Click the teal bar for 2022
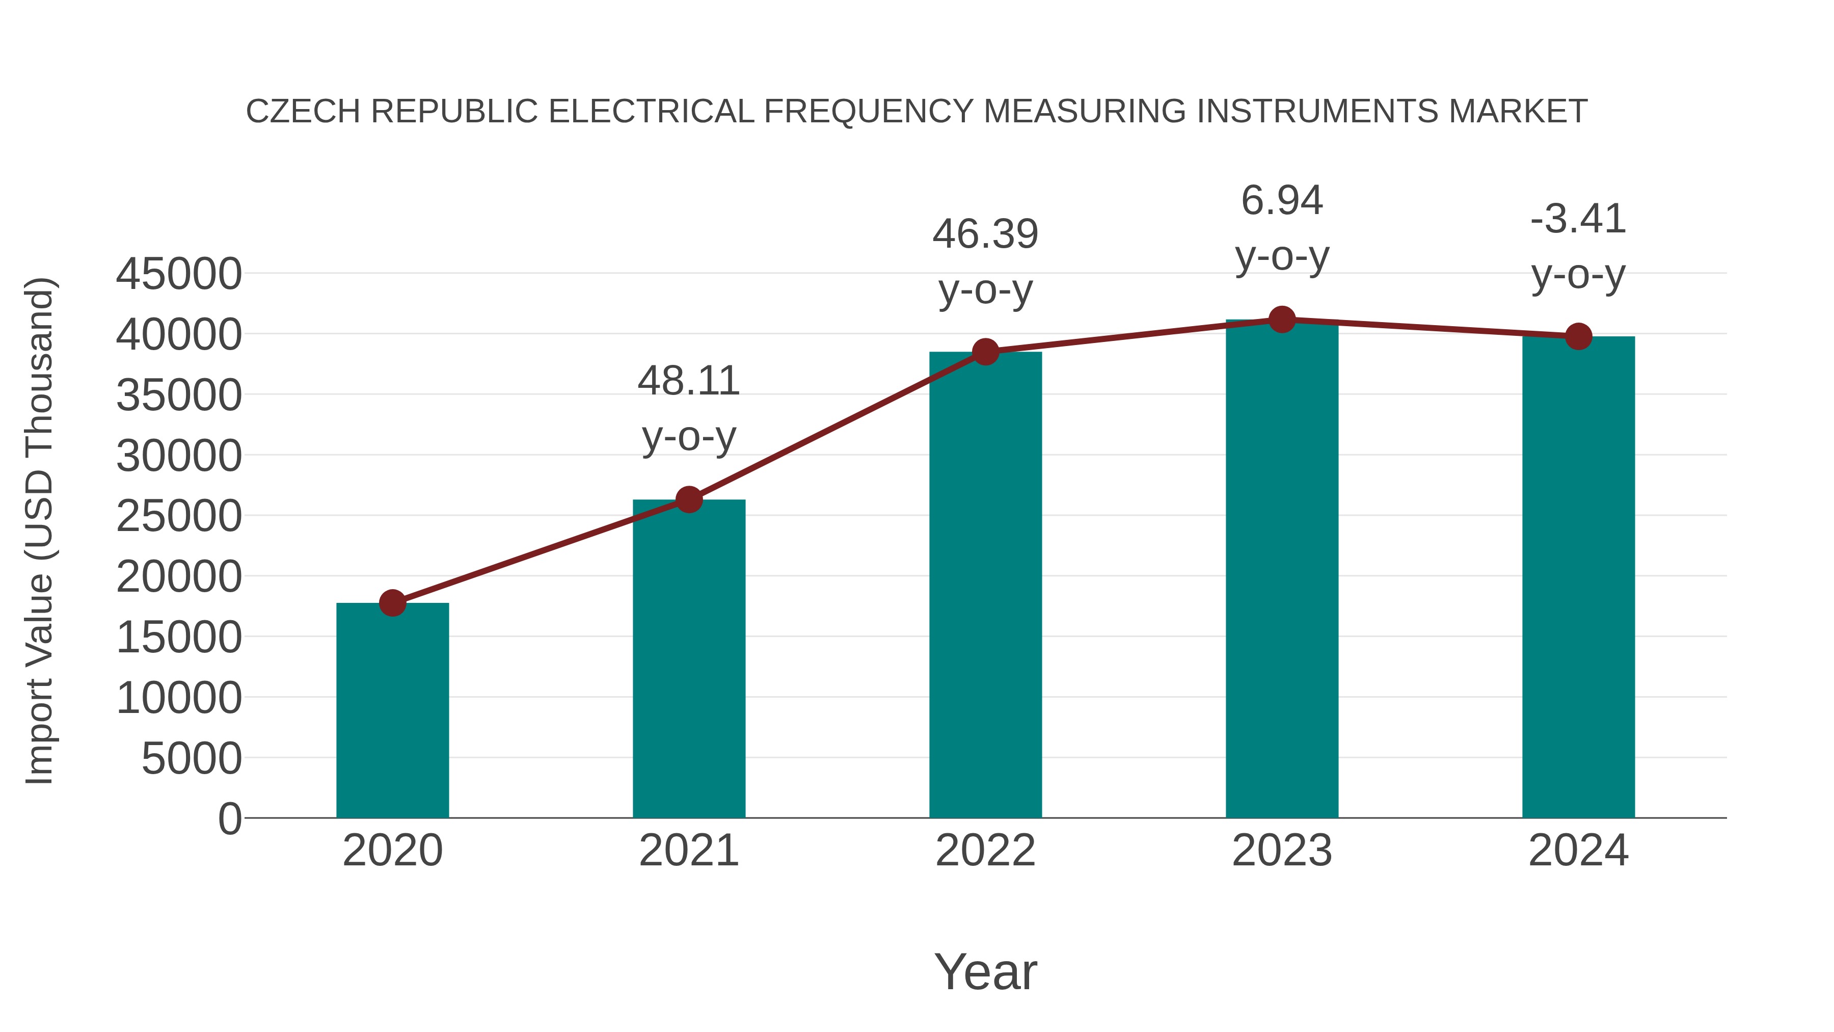pyautogui.click(x=985, y=584)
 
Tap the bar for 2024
pyautogui.click(x=1578, y=577)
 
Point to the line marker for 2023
pyautogui.click(x=1282, y=320)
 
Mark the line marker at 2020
pyautogui.click(x=392, y=602)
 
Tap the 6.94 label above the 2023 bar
pyautogui.click(x=1282, y=200)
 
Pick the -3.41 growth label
pyautogui.click(x=1578, y=219)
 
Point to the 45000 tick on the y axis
pyautogui.click(x=179, y=274)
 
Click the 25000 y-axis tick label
pyautogui.click(x=179, y=516)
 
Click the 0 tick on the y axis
pyautogui.click(x=229, y=818)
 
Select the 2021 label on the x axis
pyautogui.click(x=688, y=851)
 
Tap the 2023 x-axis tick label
pyautogui.click(x=1282, y=851)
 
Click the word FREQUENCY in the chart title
pyautogui.click(x=868, y=112)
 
